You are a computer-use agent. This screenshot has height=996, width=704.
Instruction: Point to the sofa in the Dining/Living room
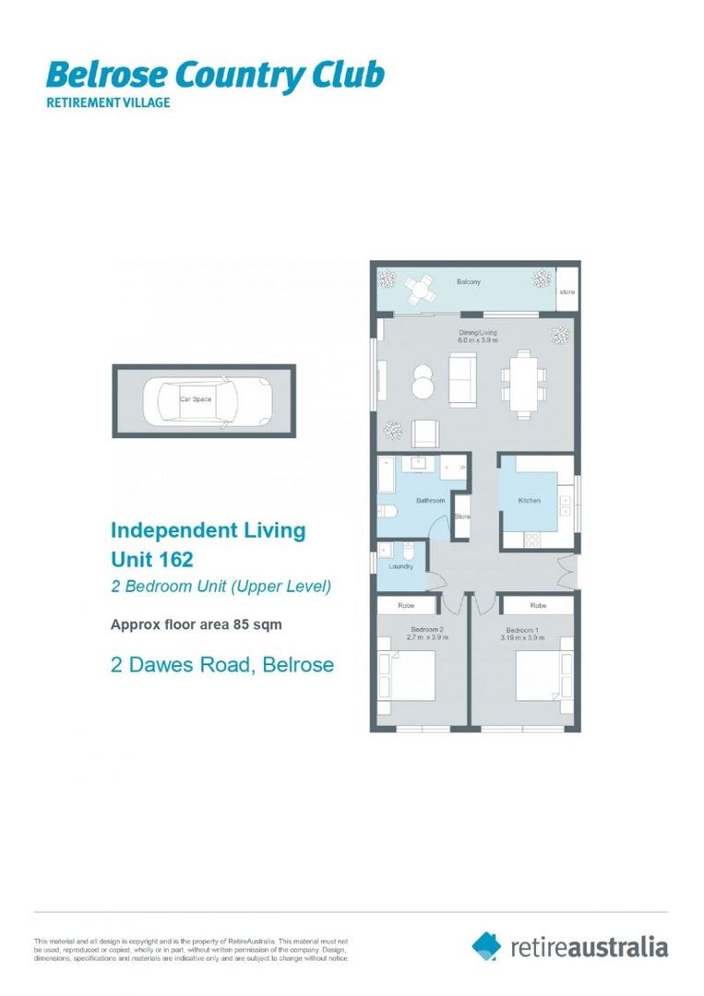tap(462, 378)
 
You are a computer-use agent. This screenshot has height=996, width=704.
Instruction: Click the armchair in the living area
tap(425, 433)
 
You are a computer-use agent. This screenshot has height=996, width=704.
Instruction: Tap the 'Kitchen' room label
tap(529, 501)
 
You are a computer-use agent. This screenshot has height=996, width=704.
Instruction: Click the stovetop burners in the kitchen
tap(532, 540)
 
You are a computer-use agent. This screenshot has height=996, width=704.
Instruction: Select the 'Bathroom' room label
tap(430, 501)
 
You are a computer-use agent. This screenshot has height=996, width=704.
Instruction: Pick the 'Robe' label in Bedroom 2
tap(405, 606)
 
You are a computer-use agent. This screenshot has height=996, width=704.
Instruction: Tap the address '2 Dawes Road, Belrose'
tap(221, 664)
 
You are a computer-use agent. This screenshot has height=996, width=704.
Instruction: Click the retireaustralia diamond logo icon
tap(486, 945)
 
